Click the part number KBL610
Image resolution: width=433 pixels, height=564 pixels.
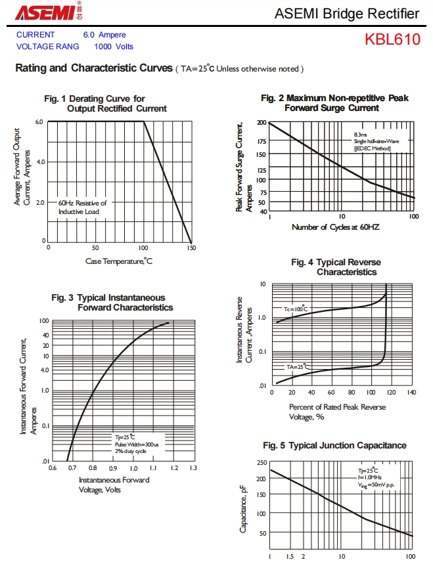tap(392, 39)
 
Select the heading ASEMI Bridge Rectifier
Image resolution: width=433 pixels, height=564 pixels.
tap(346, 13)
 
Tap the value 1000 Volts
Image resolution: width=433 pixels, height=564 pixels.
tap(114, 46)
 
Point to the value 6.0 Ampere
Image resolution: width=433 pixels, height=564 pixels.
tap(104, 35)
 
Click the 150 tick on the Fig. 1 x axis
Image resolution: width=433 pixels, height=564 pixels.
tap(191, 248)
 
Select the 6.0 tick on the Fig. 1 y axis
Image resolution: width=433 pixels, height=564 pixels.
tap(39, 122)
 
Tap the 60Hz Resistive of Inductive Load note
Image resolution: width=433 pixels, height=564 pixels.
tap(82, 207)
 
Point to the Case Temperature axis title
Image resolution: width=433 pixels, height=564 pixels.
tap(119, 261)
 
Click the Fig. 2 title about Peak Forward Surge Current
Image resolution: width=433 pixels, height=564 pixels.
tap(334, 103)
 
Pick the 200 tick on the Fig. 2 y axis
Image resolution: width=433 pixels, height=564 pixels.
tap(262, 123)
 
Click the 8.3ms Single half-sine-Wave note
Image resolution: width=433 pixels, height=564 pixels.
tap(376, 141)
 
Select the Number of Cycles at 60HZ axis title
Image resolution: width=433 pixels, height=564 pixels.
tap(335, 227)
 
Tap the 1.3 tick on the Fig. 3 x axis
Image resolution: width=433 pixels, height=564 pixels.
tap(193, 468)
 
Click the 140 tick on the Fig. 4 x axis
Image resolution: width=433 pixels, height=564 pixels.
tap(411, 392)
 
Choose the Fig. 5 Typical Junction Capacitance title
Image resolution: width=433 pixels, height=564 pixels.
tap(334, 446)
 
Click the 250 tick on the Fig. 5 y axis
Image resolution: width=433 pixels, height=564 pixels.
tap(262, 463)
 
